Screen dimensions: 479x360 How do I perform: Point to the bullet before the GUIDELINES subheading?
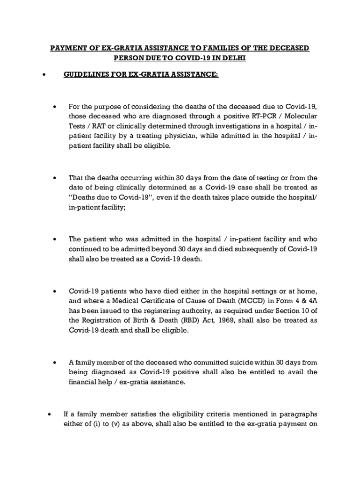click(43, 74)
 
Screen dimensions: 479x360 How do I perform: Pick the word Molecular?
click(300, 116)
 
